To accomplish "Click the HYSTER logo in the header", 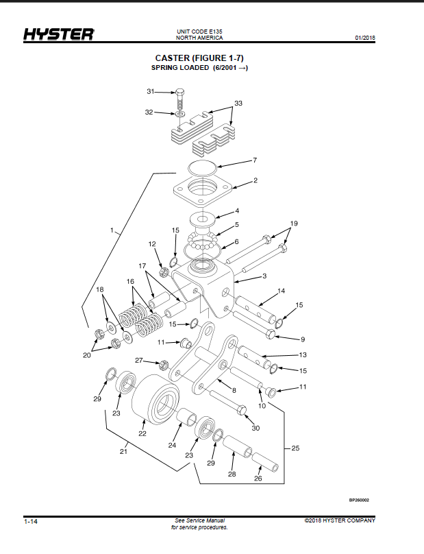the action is pyautogui.click(x=59, y=34).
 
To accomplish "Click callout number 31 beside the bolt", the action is pyautogui.click(x=151, y=91).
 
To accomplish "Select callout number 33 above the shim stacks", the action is pyautogui.click(x=238, y=103).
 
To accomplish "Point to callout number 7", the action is pyautogui.click(x=255, y=160).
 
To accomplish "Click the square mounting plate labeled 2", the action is pyautogui.click(x=202, y=191).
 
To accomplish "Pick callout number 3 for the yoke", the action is pyautogui.click(x=264, y=276).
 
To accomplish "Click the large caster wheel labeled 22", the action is pyautogui.click(x=155, y=399).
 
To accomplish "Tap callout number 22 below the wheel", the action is pyautogui.click(x=142, y=433).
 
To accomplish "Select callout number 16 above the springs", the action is pyautogui.click(x=130, y=282).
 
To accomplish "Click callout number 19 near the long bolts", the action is pyautogui.click(x=294, y=224).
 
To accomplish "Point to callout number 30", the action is pyautogui.click(x=255, y=428).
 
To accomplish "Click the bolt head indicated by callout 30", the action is pyautogui.click(x=242, y=411).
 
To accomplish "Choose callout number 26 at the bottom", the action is pyautogui.click(x=258, y=479).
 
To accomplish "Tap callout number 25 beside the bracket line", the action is pyautogui.click(x=295, y=448).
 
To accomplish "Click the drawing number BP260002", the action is pyautogui.click(x=359, y=500).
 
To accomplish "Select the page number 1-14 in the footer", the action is pyautogui.click(x=31, y=522).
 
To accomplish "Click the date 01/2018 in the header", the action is pyautogui.click(x=365, y=38).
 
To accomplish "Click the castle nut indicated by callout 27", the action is pyautogui.click(x=164, y=364).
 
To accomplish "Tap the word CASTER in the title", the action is pyautogui.click(x=172, y=58).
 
